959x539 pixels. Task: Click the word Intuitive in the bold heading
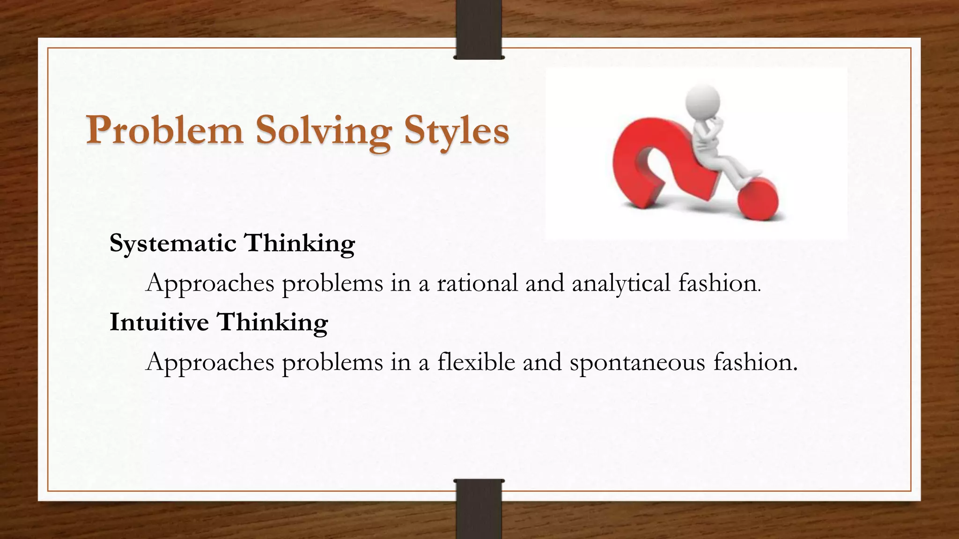click(159, 322)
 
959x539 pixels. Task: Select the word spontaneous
click(637, 363)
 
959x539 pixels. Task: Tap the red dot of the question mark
click(758, 198)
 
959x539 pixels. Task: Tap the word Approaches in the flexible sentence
click(210, 363)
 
